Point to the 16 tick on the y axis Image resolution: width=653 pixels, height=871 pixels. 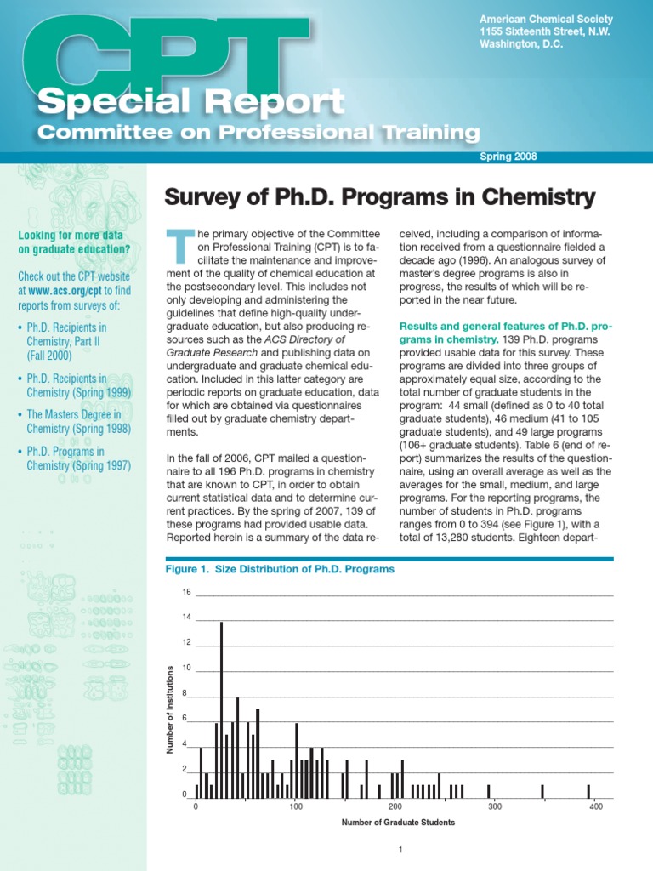point(186,592)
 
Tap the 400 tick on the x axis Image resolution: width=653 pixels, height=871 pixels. point(595,806)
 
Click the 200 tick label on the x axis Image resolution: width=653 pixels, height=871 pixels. point(395,806)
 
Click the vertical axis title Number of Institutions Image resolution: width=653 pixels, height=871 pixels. point(170,709)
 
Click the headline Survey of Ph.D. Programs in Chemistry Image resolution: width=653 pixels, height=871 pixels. point(378,199)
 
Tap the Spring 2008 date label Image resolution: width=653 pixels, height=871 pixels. point(508,157)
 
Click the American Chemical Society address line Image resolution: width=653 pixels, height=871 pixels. point(534,19)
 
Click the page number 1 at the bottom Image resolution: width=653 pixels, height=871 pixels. point(400,851)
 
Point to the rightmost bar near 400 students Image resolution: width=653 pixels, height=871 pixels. point(588,792)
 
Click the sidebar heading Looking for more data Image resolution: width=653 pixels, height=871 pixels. point(71,242)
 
